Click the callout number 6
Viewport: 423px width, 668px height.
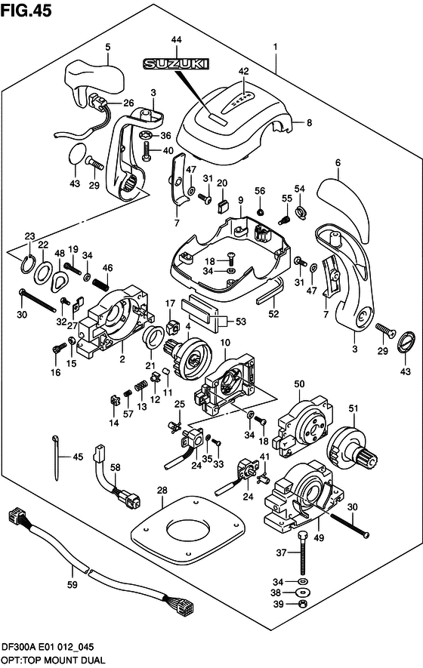[338, 162]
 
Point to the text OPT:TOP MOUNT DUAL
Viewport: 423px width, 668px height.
[54, 660]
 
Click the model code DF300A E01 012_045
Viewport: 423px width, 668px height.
[51, 647]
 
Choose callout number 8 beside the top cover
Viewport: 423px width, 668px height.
[308, 122]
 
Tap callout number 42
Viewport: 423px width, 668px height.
[243, 72]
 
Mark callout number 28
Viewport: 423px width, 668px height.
[161, 491]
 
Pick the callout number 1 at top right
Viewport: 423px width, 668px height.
[276, 47]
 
